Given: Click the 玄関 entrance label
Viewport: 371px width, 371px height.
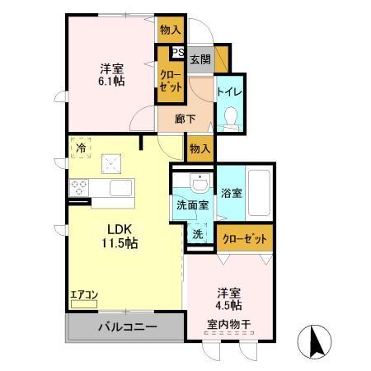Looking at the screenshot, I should [x=199, y=59].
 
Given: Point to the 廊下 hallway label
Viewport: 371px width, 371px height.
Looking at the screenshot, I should [x=185, y=119].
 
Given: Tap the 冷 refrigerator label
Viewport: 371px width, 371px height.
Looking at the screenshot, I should [x=81, y=148].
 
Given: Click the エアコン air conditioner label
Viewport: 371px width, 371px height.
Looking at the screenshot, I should [x=83, y=294].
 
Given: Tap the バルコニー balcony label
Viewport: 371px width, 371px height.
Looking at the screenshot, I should [x=127, y=327].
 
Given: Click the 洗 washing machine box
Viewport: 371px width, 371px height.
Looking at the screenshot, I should [x=198, y=234].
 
